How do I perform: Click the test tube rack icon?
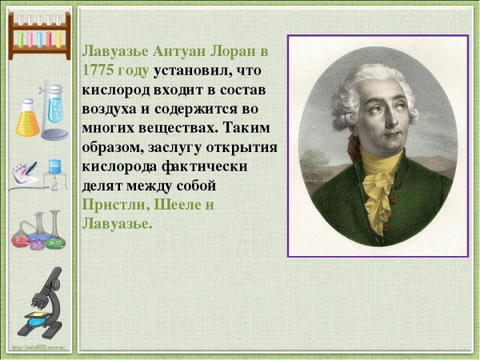coord(38,36)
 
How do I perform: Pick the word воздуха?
coord(112,108)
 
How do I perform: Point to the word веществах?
coord(182,127)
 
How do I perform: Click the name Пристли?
coord(110,204)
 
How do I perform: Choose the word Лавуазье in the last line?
coord(116,223)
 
